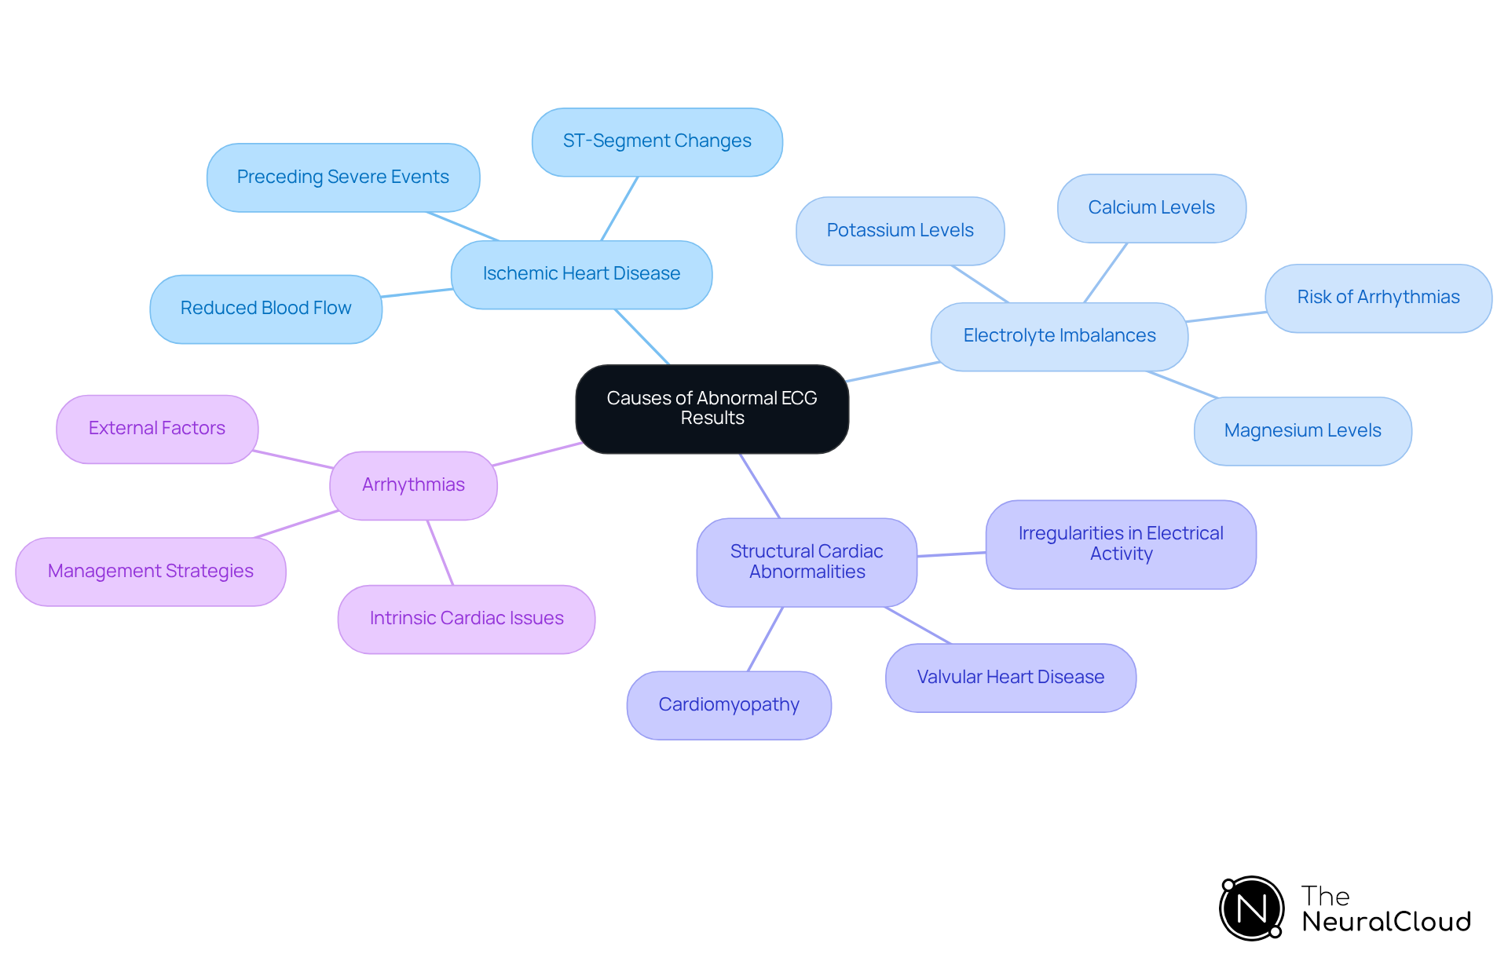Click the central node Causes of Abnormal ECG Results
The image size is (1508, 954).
tap(712, 408)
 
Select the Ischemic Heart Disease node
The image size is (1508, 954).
tap(581, 274)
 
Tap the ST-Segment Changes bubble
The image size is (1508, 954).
tap(657, 141)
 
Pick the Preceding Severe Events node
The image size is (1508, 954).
tap(343, 177)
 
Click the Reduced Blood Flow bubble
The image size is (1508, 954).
tap(265, 309)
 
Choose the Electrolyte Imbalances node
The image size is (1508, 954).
tap(1059, 336)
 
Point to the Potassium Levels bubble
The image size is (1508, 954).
tap(899, 231)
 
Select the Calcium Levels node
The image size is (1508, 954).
tap(1151, 208)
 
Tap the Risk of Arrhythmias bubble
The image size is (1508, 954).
tap(1378, 298)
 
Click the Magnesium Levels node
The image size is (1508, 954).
tap(1302, 431)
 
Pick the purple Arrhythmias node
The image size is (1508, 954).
tap(413, 485)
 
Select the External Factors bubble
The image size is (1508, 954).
tap(157, 429)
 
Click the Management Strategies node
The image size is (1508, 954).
tap(151, 572)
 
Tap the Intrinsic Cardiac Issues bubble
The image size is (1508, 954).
tap(467, 619)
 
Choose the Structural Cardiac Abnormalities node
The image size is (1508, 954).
tap(807, 562)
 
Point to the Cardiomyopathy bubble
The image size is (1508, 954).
tap(729, 705)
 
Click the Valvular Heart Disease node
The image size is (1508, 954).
tap(1010, 678)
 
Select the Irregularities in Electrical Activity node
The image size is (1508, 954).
tap(1121, 544)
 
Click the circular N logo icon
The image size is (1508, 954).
tap(1251, 908)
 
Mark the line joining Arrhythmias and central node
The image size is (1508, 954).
tap(538, 454)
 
